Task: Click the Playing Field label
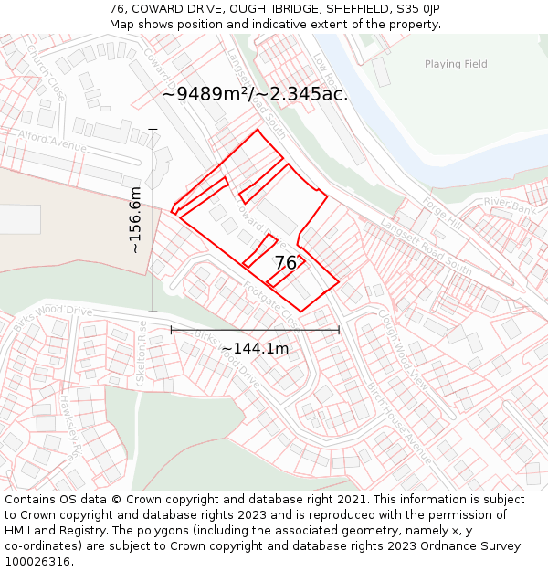pos(456,64)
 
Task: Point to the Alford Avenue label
pos(53,141)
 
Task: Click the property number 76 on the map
pos(286,263)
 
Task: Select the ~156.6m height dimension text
pos(135,220)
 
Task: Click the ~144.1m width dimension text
pos(255,348)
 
